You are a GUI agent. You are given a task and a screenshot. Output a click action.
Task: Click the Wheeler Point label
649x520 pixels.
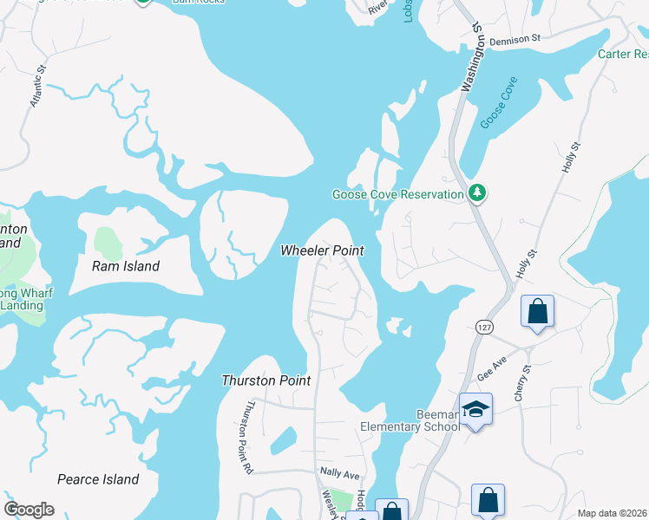tap(321, 250)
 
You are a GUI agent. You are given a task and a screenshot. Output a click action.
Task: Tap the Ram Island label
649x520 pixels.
tap(126, 266)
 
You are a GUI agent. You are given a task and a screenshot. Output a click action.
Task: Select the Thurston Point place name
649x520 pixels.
tap(266, 380)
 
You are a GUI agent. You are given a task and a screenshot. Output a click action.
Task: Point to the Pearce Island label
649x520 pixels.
tap(98, 479)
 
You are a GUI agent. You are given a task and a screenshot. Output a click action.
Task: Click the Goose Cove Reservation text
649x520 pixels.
tap(398, 195)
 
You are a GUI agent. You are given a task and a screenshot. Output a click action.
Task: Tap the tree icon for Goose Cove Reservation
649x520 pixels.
tap(475, 192)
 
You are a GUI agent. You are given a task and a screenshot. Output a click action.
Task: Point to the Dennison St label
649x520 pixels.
tap(515, 40)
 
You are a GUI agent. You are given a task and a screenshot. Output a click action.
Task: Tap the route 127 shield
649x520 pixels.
tap(483, 325)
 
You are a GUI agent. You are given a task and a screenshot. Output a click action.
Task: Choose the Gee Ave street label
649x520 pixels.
tap(492, 371)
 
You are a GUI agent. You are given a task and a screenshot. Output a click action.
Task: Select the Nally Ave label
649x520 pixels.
tap(339, 475)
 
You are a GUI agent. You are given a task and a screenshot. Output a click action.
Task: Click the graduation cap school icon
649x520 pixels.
tap(475, 409)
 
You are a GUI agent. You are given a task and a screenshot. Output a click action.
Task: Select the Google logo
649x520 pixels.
tap(29, 510)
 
